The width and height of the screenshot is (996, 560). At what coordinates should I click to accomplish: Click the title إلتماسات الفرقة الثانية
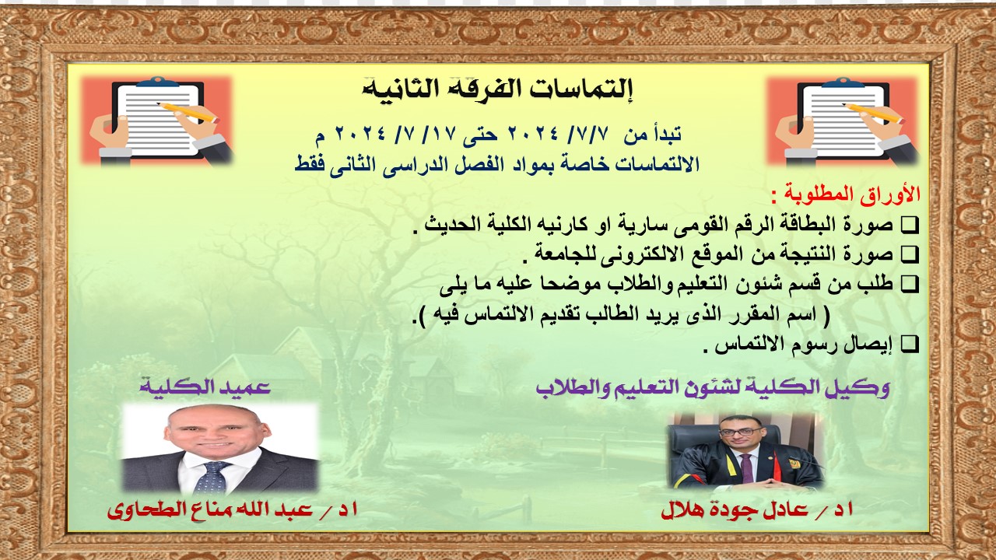[498, 89]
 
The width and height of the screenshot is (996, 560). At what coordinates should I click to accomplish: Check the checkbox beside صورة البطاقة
[910, 226]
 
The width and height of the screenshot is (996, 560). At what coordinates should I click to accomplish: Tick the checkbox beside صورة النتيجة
[910, 254]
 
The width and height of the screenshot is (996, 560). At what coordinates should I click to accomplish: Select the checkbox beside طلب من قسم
[910, 284]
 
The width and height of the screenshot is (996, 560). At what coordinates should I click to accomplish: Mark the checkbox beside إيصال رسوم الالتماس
[910, 345]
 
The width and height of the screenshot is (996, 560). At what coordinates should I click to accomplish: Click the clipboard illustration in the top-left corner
[157, 121]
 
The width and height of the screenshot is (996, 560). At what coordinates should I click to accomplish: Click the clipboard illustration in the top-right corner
[843, 121]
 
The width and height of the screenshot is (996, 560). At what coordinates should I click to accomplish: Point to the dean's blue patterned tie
[213, 478]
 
